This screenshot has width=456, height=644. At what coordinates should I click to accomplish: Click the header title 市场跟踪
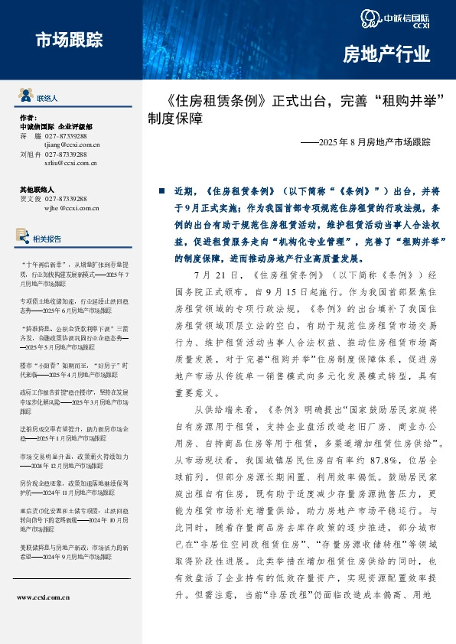[69, 41]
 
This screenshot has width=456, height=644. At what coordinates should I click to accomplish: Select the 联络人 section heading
[47, 99]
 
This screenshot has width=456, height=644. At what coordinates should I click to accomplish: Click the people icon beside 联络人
[25, 98]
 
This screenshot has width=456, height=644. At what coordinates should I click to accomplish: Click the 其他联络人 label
[37, 189]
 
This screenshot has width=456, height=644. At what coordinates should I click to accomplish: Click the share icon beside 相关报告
[25, 238]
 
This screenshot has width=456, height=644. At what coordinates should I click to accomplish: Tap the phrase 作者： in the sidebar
[28, 118]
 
